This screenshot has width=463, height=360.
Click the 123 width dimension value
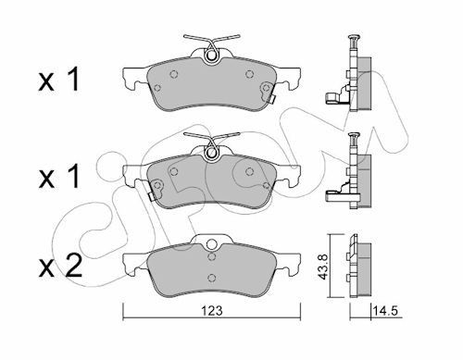[x=212, y=311]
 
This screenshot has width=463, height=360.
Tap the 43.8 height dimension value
[x=323, y=267]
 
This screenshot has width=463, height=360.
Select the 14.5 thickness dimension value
[x=385, y=311]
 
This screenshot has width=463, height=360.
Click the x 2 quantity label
[x=60, y=266]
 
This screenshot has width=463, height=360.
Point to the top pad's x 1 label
[x=58, y=80]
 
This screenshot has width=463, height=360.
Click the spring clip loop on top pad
[x=211, y=55]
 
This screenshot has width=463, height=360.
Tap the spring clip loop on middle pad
[x=211, y=152]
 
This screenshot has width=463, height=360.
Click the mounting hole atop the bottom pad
[x=211, y=244]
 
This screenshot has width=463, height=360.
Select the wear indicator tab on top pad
[x=271, y=100]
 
